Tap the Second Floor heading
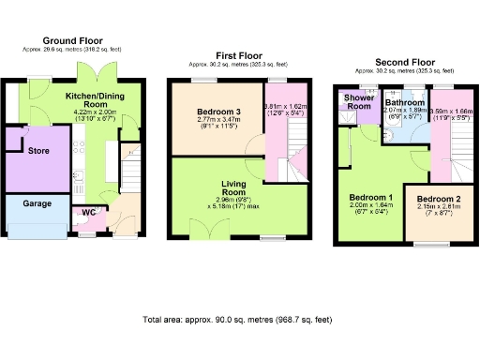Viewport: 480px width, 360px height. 404,63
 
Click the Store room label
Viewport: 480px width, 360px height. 38,150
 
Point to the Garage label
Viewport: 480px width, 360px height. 37,202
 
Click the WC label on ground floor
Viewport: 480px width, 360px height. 89,212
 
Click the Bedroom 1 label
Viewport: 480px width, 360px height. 370,199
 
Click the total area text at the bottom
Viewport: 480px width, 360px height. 239,320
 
